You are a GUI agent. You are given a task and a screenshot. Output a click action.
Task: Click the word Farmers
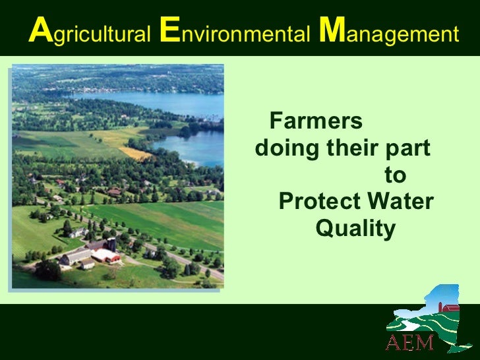tap(316, 122)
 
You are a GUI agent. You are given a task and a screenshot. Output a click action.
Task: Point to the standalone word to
tap(395, 176)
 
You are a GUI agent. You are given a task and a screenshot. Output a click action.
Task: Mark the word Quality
tap(356, 230)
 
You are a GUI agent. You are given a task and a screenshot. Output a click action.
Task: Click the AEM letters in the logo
tap(409, 342)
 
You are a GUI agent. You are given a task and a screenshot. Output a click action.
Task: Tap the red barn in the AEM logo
tap(451, 307)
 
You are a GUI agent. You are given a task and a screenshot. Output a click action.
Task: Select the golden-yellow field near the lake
tap(136, 154)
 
